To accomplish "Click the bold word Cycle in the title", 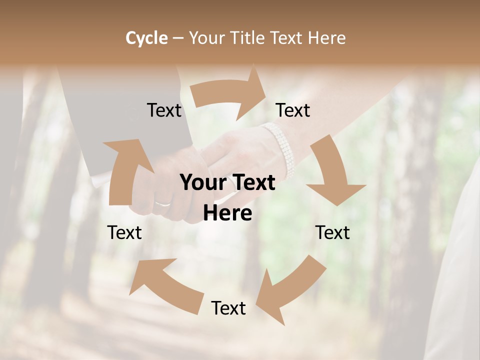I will pyautogui.click(x=146, y=38).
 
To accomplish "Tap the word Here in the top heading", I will pyautogui.click(x=327, y=38).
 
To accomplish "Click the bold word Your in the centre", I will pyautogui.click(x=201, y=183).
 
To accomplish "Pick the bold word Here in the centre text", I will pyautogui.click(x=227, y=213).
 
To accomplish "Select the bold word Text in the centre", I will pyautogui.click(x=252, y=183).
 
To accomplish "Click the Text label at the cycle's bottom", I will pyautogui.click(x=228, y=308).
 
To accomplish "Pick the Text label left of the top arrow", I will pyautogui.click(x=164, y=110).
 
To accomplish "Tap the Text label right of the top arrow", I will pyautogui.click(x=293, y=110).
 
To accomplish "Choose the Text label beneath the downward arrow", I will pyautogui.click(x=332, y=232).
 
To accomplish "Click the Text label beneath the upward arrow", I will pyautogui.click(x=125, y=232).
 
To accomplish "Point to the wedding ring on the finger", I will pyautogui.click(x=163, y=203).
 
